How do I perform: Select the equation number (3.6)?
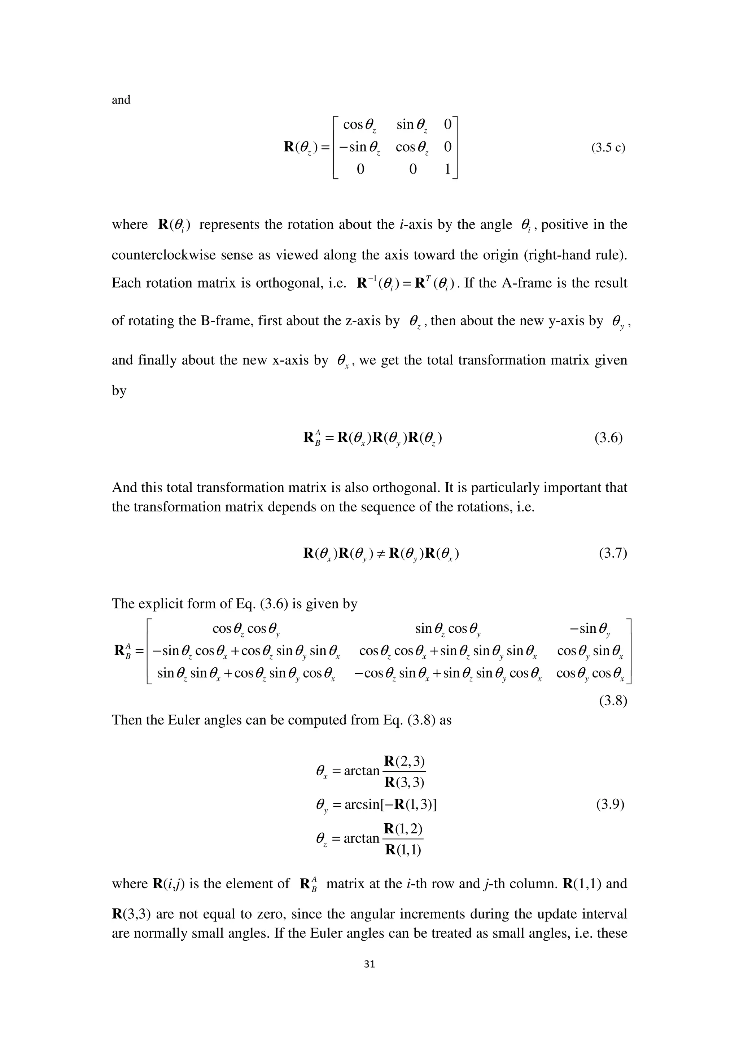pos(608,438)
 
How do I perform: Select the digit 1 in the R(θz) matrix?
pos(447,170)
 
